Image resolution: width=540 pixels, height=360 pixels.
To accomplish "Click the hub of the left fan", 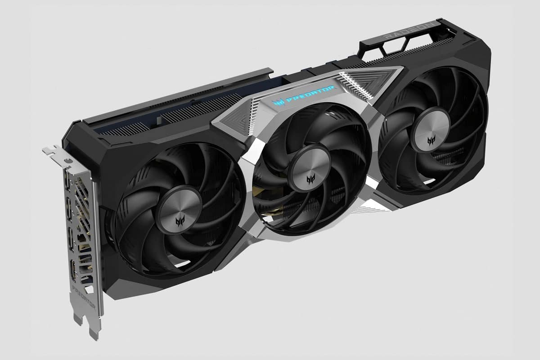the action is [180, 210].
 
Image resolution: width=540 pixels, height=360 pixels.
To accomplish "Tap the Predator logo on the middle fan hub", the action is [311, 180].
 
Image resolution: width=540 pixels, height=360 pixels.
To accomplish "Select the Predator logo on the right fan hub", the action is [431, 141].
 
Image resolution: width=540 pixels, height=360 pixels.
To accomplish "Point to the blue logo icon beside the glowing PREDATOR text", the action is [278, 103].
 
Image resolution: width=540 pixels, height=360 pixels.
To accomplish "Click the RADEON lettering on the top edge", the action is [410, 31].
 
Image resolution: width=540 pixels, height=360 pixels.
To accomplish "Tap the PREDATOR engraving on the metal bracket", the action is [84, 297].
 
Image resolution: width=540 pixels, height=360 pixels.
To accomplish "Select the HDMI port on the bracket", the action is [73, 270].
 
